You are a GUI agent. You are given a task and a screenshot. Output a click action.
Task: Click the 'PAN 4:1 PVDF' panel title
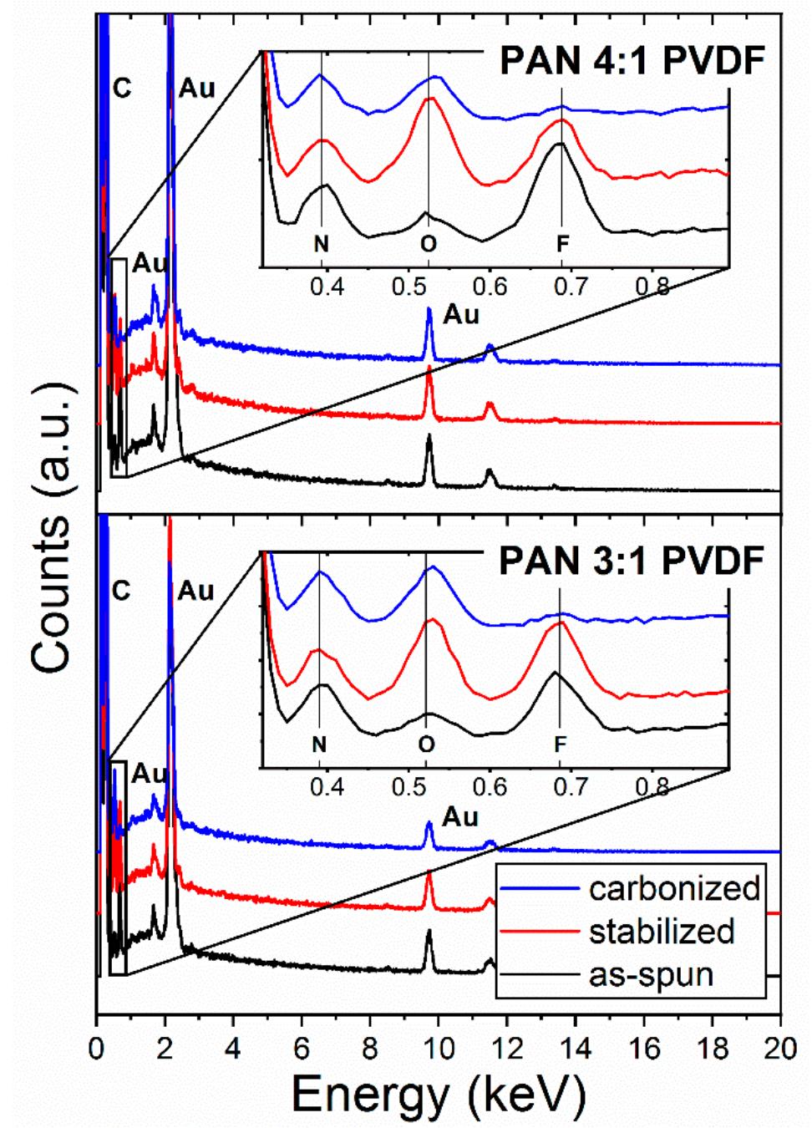click(632, 61)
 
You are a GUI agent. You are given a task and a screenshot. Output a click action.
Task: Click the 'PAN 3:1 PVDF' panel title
click(631, 561)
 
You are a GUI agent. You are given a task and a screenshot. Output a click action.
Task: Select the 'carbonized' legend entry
click(674, 888)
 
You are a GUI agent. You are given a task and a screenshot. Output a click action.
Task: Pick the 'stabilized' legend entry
click(661, 932)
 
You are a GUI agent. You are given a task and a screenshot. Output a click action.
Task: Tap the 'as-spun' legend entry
click(651, 974)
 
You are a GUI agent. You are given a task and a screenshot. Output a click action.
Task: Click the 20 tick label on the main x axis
click(779, 1048)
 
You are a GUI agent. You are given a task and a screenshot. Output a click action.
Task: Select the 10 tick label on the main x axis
click(438, 1048)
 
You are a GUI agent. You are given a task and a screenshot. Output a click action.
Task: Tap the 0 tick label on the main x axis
click(97, 1048)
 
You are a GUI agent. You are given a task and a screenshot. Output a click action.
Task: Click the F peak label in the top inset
click(562, 244)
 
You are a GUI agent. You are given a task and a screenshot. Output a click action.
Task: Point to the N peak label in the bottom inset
click(319, 744)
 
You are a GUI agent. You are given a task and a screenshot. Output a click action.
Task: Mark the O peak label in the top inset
click(428, 244)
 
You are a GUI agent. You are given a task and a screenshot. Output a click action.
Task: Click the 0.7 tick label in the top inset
click(571, 287)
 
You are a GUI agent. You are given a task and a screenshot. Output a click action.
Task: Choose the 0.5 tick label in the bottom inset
click(409, 787)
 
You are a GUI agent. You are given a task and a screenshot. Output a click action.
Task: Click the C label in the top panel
click(122, 89)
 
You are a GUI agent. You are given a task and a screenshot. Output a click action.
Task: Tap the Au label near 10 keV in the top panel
click(461, 315)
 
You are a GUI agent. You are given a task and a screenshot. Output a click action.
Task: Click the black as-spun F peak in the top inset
click(561, 144)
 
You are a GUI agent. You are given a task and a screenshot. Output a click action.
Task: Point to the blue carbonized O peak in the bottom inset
click(432, 568)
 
